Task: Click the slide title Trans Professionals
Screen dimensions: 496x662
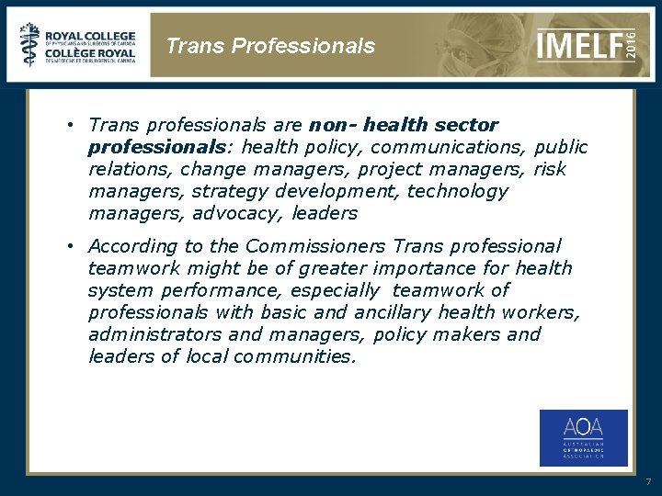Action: pyautogui.click(x=270, y=46)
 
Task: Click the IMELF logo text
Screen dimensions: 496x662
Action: pyautogui.click(x=578, y=43)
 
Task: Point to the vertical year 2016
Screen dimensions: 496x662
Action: pyautogui.click(x=631, y=43)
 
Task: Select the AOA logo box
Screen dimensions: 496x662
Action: pyautogui.click(x=583, y=437)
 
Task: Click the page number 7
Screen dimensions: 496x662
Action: pyautogui.click(x=647, y=481)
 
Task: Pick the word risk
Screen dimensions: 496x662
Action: pyautogui.click(x=550, y=169)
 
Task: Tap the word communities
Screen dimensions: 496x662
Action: pyautogui.click(x=292, y=356)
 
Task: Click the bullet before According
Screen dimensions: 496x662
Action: pyautogui.click(x=69, y=246)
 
